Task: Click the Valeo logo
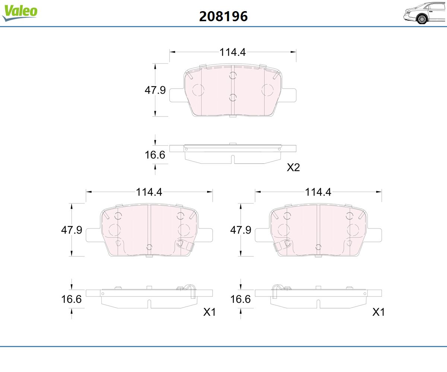[x=20, y=13]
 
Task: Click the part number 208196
[x=223, y=16]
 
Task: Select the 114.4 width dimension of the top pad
[x=233, y=52]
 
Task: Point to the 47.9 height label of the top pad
[x=155, y=90]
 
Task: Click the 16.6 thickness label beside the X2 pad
[x=155, y=155]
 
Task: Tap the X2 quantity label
[x=293, y=167]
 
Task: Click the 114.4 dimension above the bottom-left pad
[x=149, y=192]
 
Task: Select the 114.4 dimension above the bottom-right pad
[x=318, y=192]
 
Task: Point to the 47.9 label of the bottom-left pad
[x=72, y=230]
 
